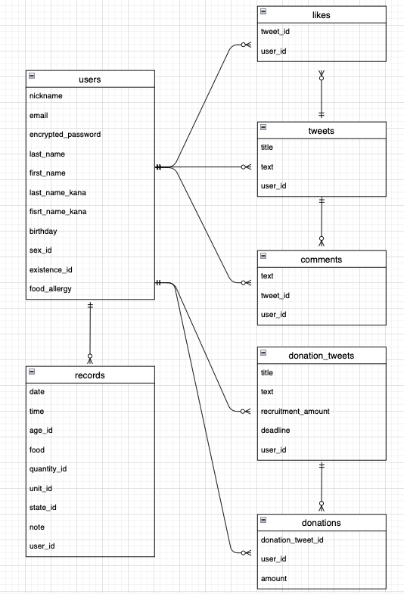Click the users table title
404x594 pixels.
point(90,79)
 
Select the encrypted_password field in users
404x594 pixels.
point(64,135)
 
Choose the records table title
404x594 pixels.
point(90,375)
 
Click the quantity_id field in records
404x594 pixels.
point(48,469)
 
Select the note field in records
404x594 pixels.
point(38,527)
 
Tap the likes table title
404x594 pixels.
point(322,14)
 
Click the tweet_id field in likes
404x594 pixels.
point(275,33)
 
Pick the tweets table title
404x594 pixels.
point(322,130)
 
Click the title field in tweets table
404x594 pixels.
point(267,148)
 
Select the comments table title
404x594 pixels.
point(322,260)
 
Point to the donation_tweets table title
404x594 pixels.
point(322,355)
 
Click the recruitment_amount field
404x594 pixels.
point(295,411)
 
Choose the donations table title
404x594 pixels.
point(322,523)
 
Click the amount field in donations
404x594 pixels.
point(275,579)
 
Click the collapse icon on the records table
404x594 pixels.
point(32,372)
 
